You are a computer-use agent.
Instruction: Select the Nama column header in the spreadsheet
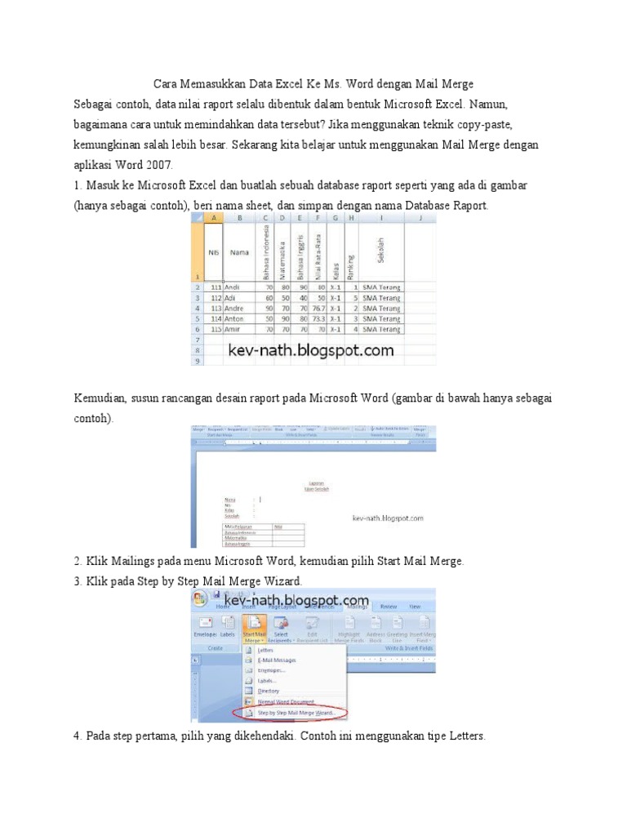tap(239, 252)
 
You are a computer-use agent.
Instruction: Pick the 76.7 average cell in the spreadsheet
tap(318, 309)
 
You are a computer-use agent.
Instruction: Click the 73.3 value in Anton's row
tap(318, 318)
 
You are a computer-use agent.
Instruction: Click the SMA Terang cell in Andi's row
tap(381, 288)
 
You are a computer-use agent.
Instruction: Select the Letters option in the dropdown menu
tap(266, 650)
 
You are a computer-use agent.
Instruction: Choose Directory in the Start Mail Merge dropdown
tap(269, 691)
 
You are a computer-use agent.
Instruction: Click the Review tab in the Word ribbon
tap(389, 607)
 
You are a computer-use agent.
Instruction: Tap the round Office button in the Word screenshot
tap(199, 600)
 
